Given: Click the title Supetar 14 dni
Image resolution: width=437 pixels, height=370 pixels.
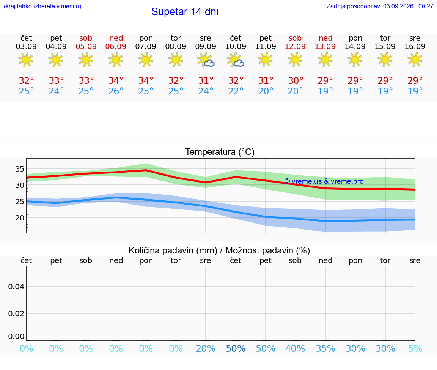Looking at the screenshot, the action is [185, 12].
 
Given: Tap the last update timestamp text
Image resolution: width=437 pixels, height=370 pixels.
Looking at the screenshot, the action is [380, 6].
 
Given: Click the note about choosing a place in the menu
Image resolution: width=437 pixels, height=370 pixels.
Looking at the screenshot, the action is [42, 6].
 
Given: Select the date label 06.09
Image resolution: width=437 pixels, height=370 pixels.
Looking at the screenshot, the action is [116, 46].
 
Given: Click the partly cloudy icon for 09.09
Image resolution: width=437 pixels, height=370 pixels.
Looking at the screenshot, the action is [206, 60].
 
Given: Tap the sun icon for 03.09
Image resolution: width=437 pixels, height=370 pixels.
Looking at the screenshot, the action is [26, 60].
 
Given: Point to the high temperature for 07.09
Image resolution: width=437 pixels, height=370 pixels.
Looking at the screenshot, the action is [146, 80].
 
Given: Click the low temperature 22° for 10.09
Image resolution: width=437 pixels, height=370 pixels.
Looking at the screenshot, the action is [236, 91].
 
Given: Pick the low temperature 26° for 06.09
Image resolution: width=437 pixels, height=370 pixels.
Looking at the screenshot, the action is [116, 91].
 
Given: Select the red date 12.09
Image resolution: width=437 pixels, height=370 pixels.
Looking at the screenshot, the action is [295, 46].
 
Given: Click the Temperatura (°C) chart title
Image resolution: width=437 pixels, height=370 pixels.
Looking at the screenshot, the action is [220, 152].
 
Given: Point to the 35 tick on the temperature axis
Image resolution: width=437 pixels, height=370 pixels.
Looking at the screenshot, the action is [20, 169].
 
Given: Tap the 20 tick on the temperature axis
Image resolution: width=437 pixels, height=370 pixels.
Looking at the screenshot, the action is [20, 218].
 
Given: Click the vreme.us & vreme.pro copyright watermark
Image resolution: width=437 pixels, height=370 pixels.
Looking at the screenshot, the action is [324, 181].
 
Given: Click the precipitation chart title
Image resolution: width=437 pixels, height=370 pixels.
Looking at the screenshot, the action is [219, 250].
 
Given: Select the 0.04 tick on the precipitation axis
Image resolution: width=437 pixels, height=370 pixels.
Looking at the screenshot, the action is [16, 287].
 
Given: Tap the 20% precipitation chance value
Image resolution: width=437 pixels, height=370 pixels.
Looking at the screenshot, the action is [206, 348].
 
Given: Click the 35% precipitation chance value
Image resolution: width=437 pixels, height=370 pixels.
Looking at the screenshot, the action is [325, 348].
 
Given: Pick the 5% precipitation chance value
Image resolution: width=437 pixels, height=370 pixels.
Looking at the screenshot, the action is [415, 348].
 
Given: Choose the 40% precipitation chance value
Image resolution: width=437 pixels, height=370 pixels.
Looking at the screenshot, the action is [295, 348].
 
